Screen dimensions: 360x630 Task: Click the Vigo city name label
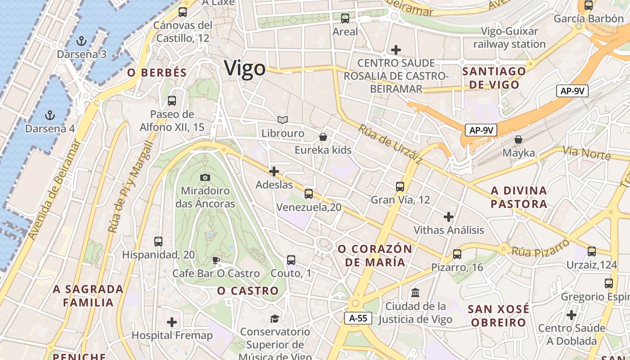[245, 68]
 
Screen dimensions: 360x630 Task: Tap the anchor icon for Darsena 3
[81, 41]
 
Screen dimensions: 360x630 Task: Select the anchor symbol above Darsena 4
[50, 115]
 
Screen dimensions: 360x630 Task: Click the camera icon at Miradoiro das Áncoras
[205, 178]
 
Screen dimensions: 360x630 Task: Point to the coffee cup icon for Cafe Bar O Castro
[216, 260]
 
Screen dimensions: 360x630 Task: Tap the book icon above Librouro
[283, 120]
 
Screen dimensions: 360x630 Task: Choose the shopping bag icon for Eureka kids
[323, 136]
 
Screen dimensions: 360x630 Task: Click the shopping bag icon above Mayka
[518, 139]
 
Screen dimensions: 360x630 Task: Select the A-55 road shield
[358, 318]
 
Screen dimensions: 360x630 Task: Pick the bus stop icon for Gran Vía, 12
[400, 186]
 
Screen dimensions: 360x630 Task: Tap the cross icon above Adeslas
[274, 171]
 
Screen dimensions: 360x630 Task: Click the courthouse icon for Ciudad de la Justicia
[415, 293]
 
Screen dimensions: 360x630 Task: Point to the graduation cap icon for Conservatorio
[274, 319]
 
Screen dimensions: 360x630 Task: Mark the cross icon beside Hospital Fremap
[172, 322]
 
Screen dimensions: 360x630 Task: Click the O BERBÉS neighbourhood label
[157, 73]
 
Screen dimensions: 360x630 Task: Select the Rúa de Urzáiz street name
[390, 144]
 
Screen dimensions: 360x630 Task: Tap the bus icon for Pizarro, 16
[457, 254]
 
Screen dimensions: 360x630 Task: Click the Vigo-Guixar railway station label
[509, 38]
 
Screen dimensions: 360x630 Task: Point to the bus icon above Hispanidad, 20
[158, 241]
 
